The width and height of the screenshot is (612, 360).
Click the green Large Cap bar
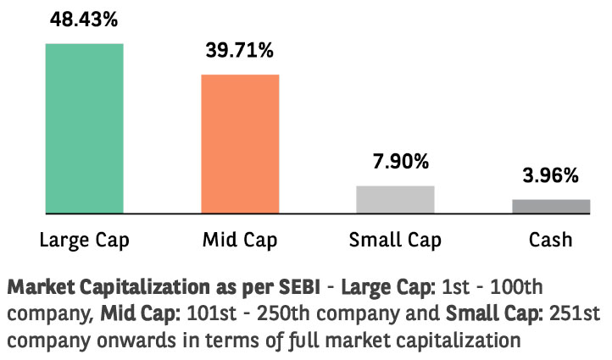point(84,128)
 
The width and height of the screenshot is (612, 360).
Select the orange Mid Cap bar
point(240,144)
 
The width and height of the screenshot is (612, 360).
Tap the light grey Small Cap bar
point(395,200)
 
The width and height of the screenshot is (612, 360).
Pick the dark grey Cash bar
point(551,207)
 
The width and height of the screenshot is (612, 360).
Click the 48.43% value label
point(84,19)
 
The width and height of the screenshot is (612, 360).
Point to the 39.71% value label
point(240,50)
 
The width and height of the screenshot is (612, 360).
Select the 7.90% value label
point(401,162)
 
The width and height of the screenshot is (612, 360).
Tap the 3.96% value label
point(551,175)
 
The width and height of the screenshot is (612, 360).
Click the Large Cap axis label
point(84,241)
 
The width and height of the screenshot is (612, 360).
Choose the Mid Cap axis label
point(240,241)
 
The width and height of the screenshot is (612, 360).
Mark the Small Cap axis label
point(395,241)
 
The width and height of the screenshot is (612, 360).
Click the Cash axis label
point(551,240)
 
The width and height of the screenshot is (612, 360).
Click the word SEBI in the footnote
point(299,287)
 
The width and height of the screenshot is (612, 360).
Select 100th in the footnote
point(516,287)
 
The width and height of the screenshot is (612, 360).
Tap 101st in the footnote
point(212,313)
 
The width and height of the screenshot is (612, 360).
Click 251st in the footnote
point(575,313)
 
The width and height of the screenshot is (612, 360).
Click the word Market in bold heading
point(41,287)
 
